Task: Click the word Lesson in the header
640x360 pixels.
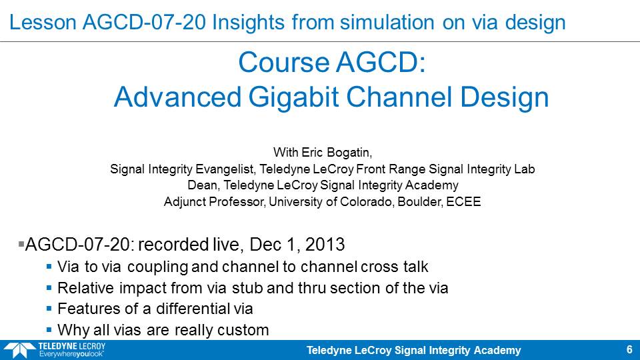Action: [43, 22]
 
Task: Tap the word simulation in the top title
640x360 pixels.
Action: [387, 22]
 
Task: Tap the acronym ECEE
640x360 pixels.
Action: [464, 201]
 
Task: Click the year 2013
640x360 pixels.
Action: [325, 245]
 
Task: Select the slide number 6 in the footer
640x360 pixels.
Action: [629, 350]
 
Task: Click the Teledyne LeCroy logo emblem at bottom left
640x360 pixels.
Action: [19, 351]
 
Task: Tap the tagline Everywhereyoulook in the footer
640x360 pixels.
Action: [71, 354]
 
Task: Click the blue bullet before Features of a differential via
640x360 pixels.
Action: [49, 309]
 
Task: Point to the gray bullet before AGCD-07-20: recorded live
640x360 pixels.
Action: [21, 244]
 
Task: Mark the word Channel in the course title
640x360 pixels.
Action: [399, 97]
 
